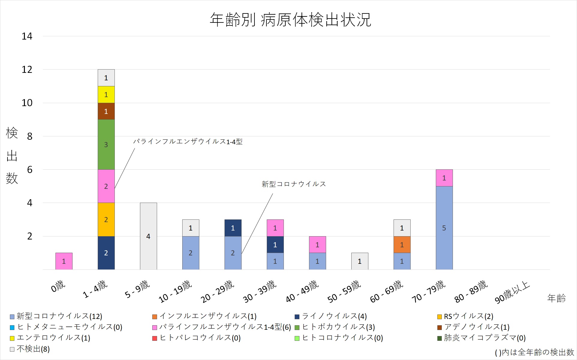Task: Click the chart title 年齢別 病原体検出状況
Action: coord(290,20)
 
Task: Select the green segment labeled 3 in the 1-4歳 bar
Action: coord(106,144)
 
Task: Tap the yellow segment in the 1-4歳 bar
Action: coord(106,95)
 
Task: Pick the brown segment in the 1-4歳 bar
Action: coord(106,111)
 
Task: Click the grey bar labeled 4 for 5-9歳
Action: coord(148,236)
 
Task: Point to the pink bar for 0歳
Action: coord(64,261)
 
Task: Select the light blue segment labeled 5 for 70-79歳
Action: coord(444,228)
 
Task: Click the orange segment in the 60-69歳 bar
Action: coord(402,245)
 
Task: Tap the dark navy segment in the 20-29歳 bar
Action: coord(233,228)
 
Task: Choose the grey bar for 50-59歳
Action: coord(360,261)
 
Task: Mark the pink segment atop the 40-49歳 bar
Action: coord(317,245)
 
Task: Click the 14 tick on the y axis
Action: coord(27,36)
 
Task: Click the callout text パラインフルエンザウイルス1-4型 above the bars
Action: coord(188,141)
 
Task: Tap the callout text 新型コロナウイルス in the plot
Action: coord(293,184)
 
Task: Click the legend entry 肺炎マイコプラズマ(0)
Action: coord(484,338)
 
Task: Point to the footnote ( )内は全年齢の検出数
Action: coord(534,353)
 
